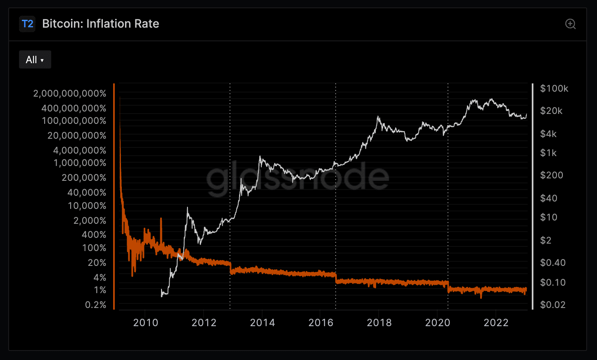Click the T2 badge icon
[27, 24]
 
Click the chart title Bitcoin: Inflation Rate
[100, 24]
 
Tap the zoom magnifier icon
[570, 24]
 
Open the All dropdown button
[35, 60]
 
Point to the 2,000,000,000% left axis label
[70, 94]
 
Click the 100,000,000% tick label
[74, 121]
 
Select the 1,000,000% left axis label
[80, 163]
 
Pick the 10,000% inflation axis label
[87, 206]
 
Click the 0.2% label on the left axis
[95, 305]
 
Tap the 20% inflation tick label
[97, 263]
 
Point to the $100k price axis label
[554, 88]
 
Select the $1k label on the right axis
[548, 153]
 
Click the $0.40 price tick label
[553, 263]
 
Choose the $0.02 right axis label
[553, 305]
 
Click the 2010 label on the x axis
[145, 323]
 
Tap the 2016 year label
[321, 323]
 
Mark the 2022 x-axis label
[496, 323]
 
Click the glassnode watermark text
[297, 178]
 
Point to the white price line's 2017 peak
[378, 117]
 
